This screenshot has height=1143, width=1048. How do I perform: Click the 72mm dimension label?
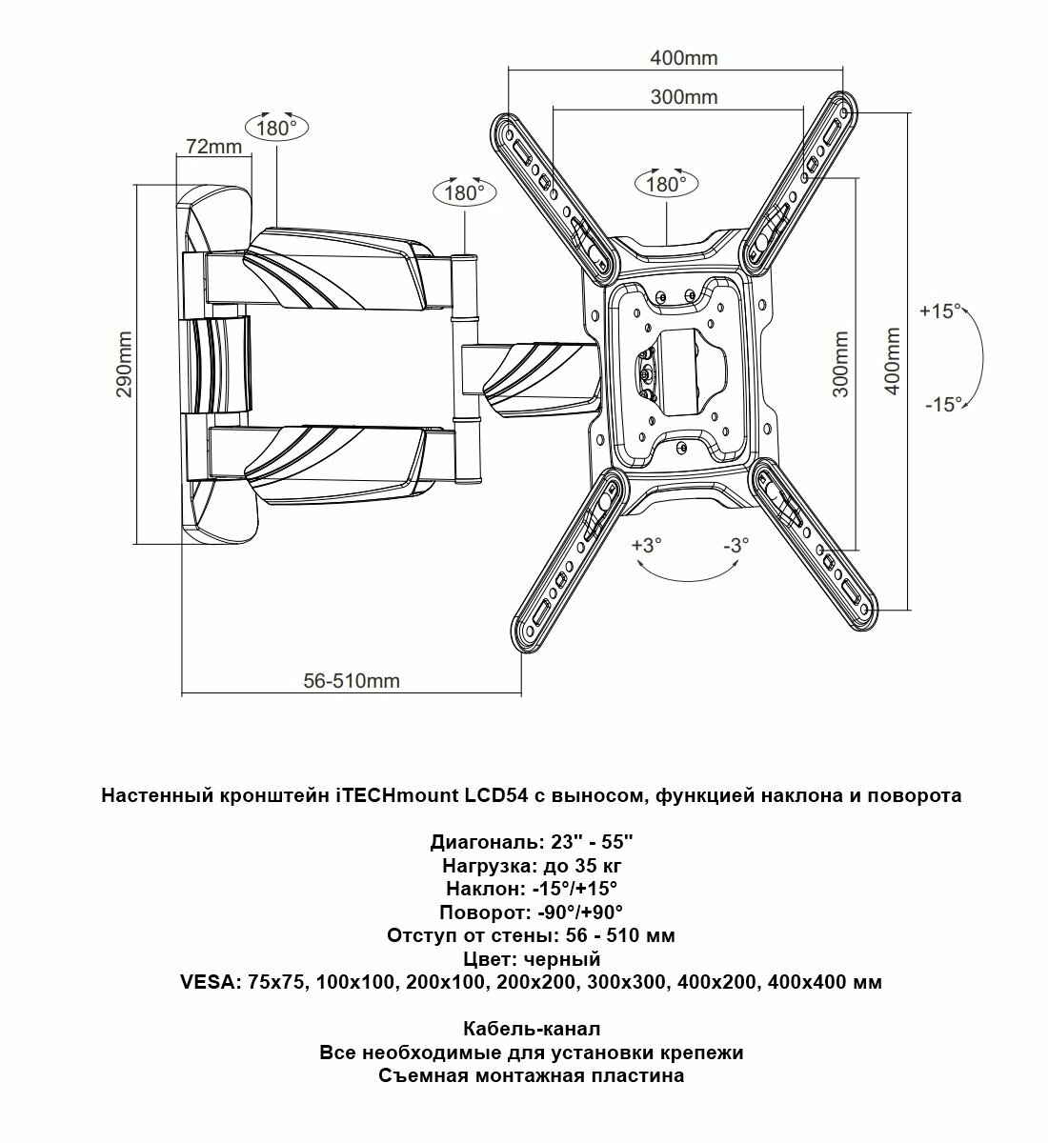coord(213,147)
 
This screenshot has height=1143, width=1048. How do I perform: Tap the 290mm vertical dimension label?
coord(125,366)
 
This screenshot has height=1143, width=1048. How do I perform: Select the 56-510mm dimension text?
coord(352,681)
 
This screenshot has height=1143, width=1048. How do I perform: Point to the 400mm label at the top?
coord(684,58)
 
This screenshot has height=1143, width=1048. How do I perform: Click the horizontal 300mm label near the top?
coord(684,97)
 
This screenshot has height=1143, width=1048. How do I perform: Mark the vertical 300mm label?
coord(841,366)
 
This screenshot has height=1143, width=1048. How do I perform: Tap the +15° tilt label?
coord(941,311)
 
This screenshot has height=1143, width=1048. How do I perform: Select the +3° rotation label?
coord(646,546)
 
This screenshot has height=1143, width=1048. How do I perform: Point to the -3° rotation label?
coord(736,546)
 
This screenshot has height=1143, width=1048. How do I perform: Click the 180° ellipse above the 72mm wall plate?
coord(277,128)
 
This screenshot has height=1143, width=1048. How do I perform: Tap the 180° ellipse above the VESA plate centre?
coord(667,185)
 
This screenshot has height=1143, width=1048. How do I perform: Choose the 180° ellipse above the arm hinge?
coord(465,193)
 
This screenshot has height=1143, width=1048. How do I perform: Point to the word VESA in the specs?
coord(211,982)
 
